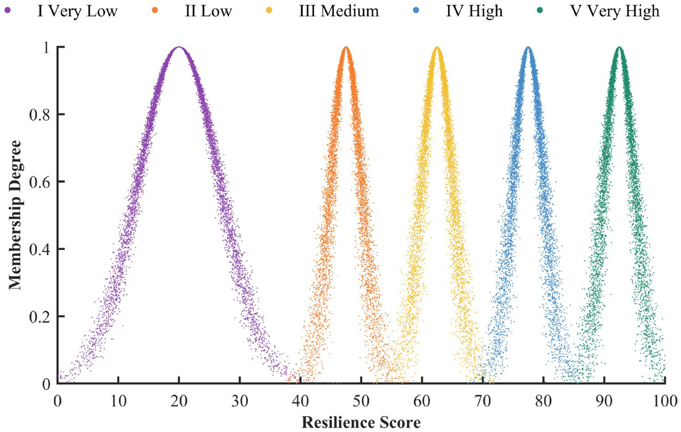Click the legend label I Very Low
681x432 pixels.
coord(77,11)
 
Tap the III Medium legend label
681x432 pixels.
coord(339,11)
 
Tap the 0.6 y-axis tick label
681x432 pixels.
coord(41,182)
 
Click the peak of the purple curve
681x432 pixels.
coord(179,47)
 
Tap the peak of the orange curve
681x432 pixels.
coord(346,47)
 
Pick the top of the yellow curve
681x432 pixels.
coord(437,47)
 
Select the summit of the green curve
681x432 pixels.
coord(619,47)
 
